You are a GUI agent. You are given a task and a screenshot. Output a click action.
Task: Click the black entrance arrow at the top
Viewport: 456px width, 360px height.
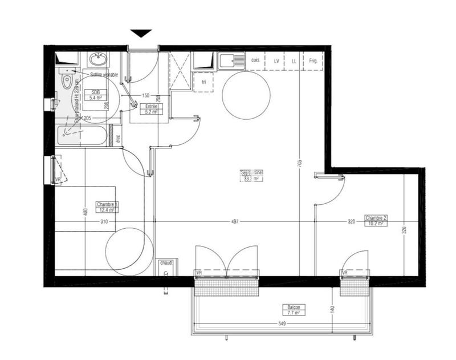click(x=141, y=33)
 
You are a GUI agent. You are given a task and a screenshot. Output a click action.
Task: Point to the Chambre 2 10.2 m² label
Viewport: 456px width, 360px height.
click(x=376, y=220)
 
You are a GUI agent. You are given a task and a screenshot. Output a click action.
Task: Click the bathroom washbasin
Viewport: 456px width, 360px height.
click(x=98, y=59)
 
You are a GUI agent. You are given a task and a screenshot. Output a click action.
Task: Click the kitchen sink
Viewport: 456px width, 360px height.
click(x=231, y=60)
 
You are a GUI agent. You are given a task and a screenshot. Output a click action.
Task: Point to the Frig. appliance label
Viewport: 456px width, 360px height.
click(x=313, y=60)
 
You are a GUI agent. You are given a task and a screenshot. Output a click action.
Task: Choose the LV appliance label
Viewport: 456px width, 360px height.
click(x=276, y=60)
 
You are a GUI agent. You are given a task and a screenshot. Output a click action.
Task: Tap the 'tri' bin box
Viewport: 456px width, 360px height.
click(x=204, y=82)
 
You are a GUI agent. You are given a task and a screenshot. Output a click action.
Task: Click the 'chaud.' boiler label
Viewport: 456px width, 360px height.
click(x=166, y=263)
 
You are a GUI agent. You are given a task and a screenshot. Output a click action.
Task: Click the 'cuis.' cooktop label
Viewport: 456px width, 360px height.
click(x=256, y=60)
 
